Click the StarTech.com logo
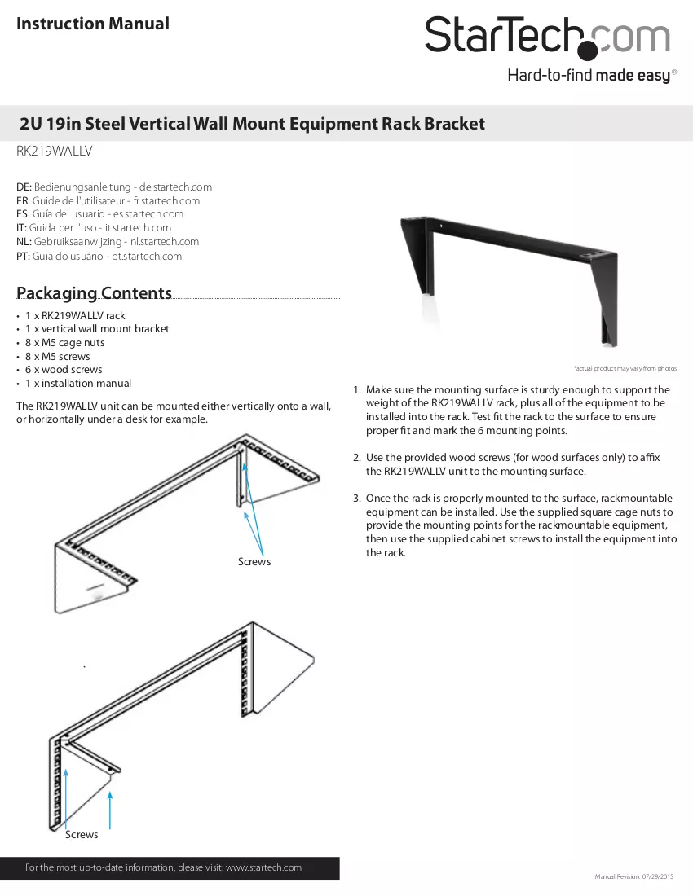tap(547, 37)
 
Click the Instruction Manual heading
tap(93, 24)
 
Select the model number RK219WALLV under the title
tap(55, 151)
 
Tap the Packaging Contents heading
tap(94, 292)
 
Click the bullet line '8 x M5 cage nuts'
tap(64, 343)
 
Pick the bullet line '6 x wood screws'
tap(64, 370)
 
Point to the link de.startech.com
tap(175, 187)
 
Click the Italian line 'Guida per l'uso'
tap(63, 227)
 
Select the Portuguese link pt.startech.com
tap(147, 256)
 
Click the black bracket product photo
tap(509, 280)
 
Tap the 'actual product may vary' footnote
tap(625, 368)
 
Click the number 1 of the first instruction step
tap(356, 389)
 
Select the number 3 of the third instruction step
tap(356, 499)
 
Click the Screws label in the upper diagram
tap(254, 562)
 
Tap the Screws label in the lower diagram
tap(82, 835)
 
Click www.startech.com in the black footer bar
tap(263, 867)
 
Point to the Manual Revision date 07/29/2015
tap(658, 876)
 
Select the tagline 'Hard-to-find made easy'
tap(589, 76)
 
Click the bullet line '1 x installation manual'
tap(77, 384)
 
